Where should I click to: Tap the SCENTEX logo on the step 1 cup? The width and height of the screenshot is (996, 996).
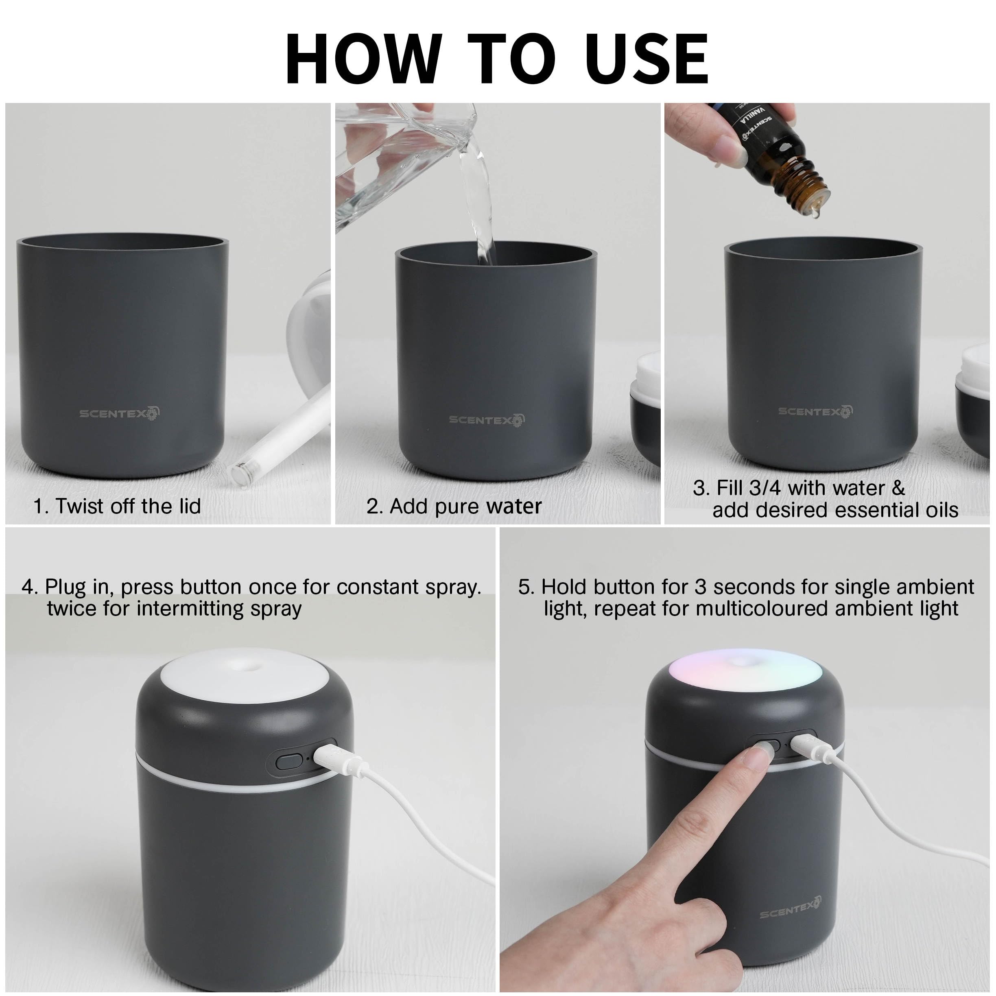[120, 413]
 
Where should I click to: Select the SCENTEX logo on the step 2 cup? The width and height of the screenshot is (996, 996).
[487, 419]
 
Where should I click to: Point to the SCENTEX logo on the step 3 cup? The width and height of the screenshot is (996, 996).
[815, 411]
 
